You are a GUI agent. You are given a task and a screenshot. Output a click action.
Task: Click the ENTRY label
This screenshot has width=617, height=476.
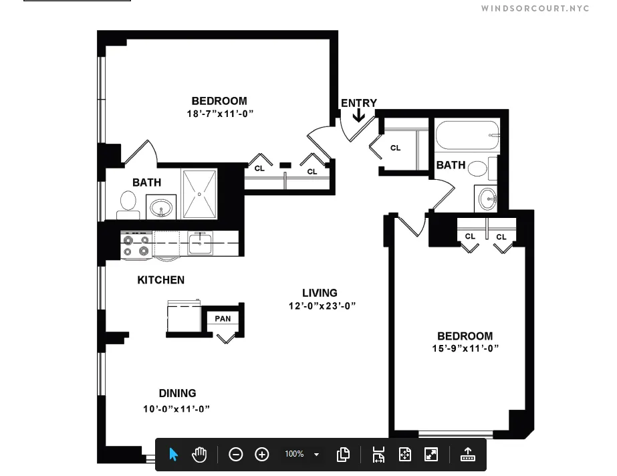358,103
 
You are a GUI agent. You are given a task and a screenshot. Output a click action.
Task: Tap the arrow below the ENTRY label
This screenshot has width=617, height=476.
358,116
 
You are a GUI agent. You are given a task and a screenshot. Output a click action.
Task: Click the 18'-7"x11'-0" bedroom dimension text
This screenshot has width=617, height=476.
219,114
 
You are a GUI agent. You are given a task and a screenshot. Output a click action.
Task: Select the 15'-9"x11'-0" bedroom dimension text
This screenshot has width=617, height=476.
465,348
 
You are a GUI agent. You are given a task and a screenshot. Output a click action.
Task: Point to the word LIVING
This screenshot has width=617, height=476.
320,293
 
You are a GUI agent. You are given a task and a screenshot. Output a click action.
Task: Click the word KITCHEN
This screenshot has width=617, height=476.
160,280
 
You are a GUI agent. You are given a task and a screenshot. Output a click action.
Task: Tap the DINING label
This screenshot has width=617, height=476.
177,393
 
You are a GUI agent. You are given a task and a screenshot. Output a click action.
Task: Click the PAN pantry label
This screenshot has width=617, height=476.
223,318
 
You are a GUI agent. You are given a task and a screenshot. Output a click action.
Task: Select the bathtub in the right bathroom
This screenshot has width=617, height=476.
467,136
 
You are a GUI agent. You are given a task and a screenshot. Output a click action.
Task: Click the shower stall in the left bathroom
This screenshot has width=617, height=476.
199,194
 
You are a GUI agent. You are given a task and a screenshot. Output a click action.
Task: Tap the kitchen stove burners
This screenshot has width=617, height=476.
136,245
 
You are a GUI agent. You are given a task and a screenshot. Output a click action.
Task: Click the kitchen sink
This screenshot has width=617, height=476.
199,243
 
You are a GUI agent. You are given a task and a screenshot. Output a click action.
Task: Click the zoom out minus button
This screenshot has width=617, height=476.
235,455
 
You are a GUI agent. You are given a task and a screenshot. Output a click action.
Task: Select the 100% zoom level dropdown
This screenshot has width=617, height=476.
302,455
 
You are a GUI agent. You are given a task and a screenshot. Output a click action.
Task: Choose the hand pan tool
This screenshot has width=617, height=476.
199,455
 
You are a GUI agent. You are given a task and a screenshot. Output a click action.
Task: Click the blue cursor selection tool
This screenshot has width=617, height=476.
173,455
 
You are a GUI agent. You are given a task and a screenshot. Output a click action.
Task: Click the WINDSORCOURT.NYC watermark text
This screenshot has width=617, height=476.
535,9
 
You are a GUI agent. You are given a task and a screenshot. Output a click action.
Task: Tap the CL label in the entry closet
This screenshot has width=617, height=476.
395,148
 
